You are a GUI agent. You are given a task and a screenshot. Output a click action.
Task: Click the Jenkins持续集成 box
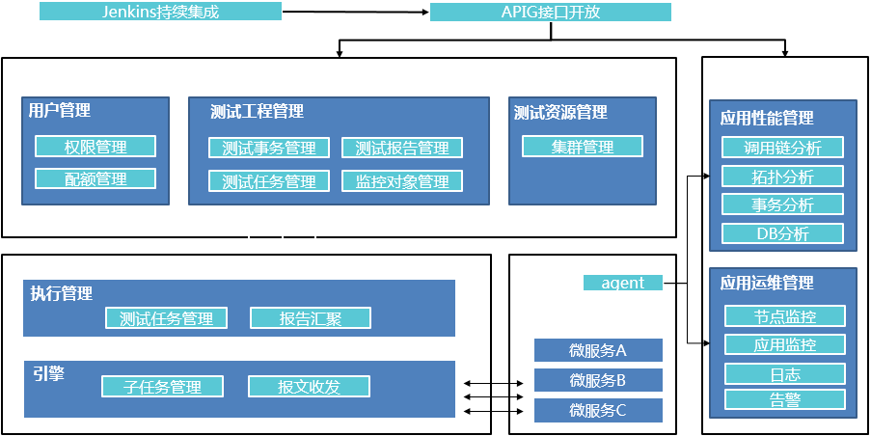coord(161,12)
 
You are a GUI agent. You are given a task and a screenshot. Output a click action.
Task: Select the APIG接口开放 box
coord(550,13)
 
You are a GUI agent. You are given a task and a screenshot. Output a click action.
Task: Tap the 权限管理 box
coord(95,147)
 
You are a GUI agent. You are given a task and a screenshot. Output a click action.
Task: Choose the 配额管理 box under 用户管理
coord(95,178)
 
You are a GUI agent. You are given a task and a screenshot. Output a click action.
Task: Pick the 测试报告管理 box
coord(402,149)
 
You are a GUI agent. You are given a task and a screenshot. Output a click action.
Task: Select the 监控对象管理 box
coord(402,181)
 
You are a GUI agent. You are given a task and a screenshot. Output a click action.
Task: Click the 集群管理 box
coord(583,147)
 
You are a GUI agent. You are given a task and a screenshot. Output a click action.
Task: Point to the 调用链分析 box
coord(782,148)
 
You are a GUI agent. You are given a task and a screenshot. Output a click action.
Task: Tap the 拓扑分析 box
coord(782,177)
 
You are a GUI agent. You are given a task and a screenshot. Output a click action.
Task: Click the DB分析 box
coord(782,233)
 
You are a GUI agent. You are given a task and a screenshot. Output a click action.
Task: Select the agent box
coord(623,283)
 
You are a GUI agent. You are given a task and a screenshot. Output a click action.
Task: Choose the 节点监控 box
coord(784,316)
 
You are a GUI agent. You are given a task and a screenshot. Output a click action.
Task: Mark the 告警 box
coord(784,399)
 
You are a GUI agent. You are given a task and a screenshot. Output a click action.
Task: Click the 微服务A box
coord(598,350)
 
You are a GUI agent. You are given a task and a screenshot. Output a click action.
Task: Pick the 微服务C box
coord(598,410)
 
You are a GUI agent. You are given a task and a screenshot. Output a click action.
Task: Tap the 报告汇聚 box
coord(310,318)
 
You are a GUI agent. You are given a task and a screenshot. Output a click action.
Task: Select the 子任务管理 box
coord(162,387)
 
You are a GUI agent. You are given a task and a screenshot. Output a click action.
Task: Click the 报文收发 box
coord(309,387)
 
